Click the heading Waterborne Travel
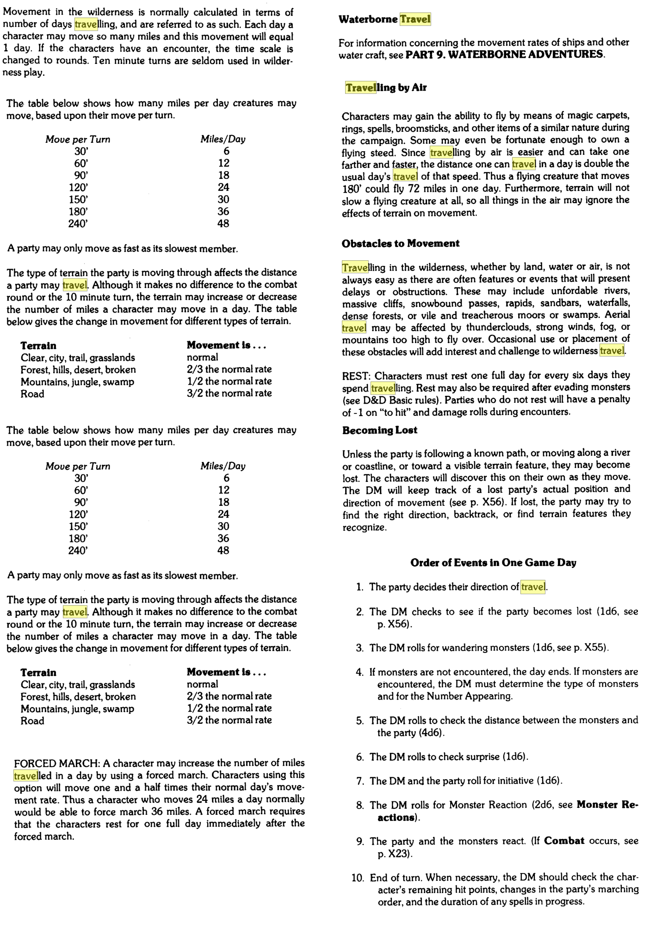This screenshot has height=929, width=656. pyautogui.click(x=384, y=19)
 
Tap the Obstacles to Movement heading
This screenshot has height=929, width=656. pyautogui.click(x=401, y=244)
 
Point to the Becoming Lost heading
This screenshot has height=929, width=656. pyautogui.click(x=380, y=431)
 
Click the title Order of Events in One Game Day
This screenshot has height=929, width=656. pyautogui.click(x=493, y=563)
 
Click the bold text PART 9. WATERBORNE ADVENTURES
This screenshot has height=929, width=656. pyautogui.click(x=504, y=55)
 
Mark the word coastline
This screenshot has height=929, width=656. pyautogui.click(x=366, y=466)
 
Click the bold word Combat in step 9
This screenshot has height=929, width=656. pyautogui.click(x=564, y=841)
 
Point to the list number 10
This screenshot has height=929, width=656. pyautogui.click(x=358, y=878)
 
